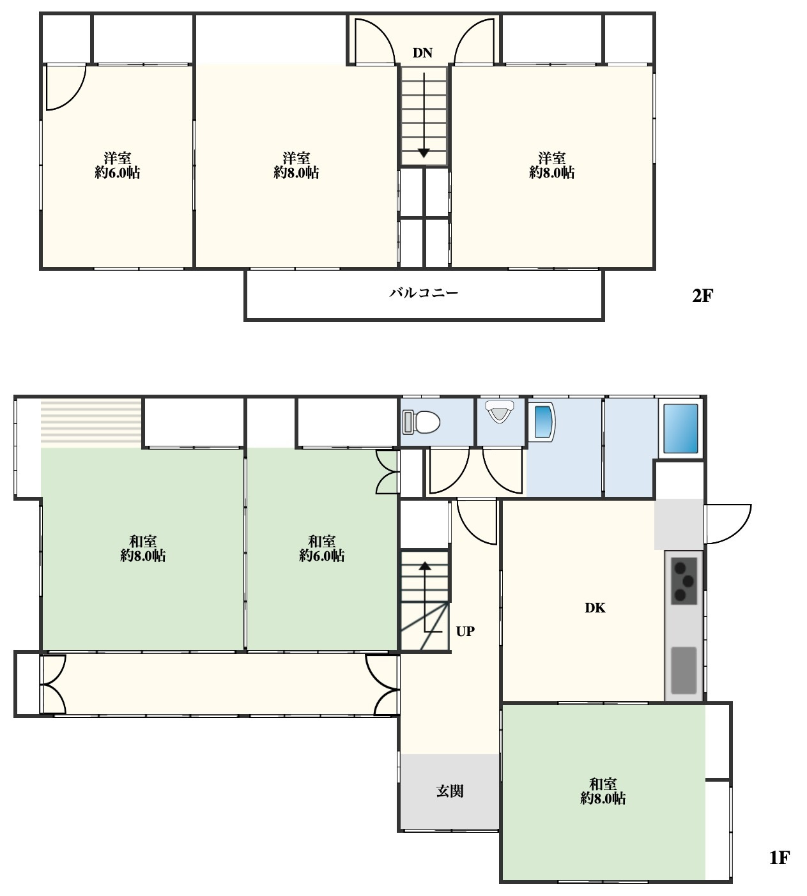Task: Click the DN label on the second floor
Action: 422,53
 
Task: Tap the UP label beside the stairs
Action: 465,631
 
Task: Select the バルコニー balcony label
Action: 424,293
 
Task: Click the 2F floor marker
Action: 702,295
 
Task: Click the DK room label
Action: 595,607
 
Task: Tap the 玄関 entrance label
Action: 450,791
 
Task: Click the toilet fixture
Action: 421,422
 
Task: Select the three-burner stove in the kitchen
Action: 684,581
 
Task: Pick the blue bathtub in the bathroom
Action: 680,428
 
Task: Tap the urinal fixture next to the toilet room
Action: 500,411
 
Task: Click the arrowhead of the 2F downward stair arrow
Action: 424,153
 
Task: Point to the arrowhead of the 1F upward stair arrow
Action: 425,566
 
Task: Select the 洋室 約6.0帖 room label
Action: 117,165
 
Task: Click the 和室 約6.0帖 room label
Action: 322,549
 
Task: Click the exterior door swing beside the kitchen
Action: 727,524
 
